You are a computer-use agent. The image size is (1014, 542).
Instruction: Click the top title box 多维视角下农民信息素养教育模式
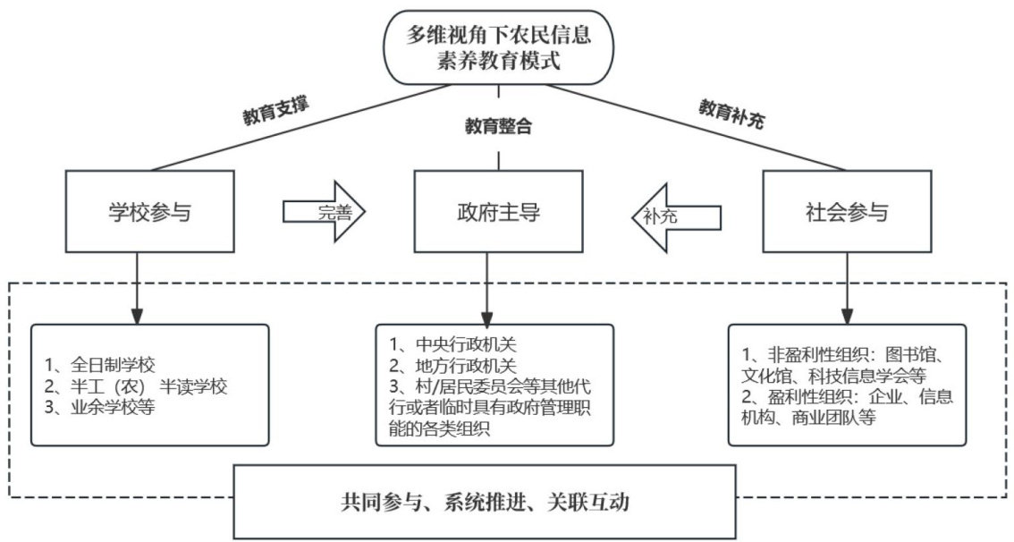point(498,47)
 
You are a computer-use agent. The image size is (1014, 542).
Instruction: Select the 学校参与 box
point(149,211)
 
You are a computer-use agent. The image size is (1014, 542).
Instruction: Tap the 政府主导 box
point(498,211)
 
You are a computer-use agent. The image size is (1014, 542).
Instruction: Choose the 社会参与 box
point(847,211)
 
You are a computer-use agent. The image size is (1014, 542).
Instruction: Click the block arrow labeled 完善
point(324,211)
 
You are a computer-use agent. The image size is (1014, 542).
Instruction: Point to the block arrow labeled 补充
point(676,216)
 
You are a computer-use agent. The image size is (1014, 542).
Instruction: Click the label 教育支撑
point(276,111)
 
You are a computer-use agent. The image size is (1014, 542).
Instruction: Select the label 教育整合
point(498,126)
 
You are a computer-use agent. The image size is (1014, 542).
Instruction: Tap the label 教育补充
point(731,114)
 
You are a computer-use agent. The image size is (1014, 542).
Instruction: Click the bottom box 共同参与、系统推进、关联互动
point(485,502)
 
